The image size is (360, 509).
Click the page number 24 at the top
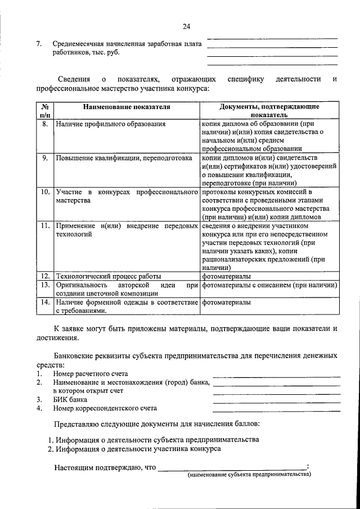coord(187,26)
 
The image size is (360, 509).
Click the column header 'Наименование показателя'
coord(127,106)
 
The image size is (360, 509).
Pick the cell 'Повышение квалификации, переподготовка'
coord(124,159)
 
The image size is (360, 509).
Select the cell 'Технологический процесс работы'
coord(108,276)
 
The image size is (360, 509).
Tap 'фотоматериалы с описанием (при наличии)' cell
coord(269,285)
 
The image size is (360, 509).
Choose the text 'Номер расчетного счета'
coord(91,373)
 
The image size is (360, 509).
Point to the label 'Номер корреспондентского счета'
coord(105,408)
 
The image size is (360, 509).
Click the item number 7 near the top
coord(39,43)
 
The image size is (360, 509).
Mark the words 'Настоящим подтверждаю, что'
coord(105,467)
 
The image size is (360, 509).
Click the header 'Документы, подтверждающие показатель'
coord(269,110)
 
